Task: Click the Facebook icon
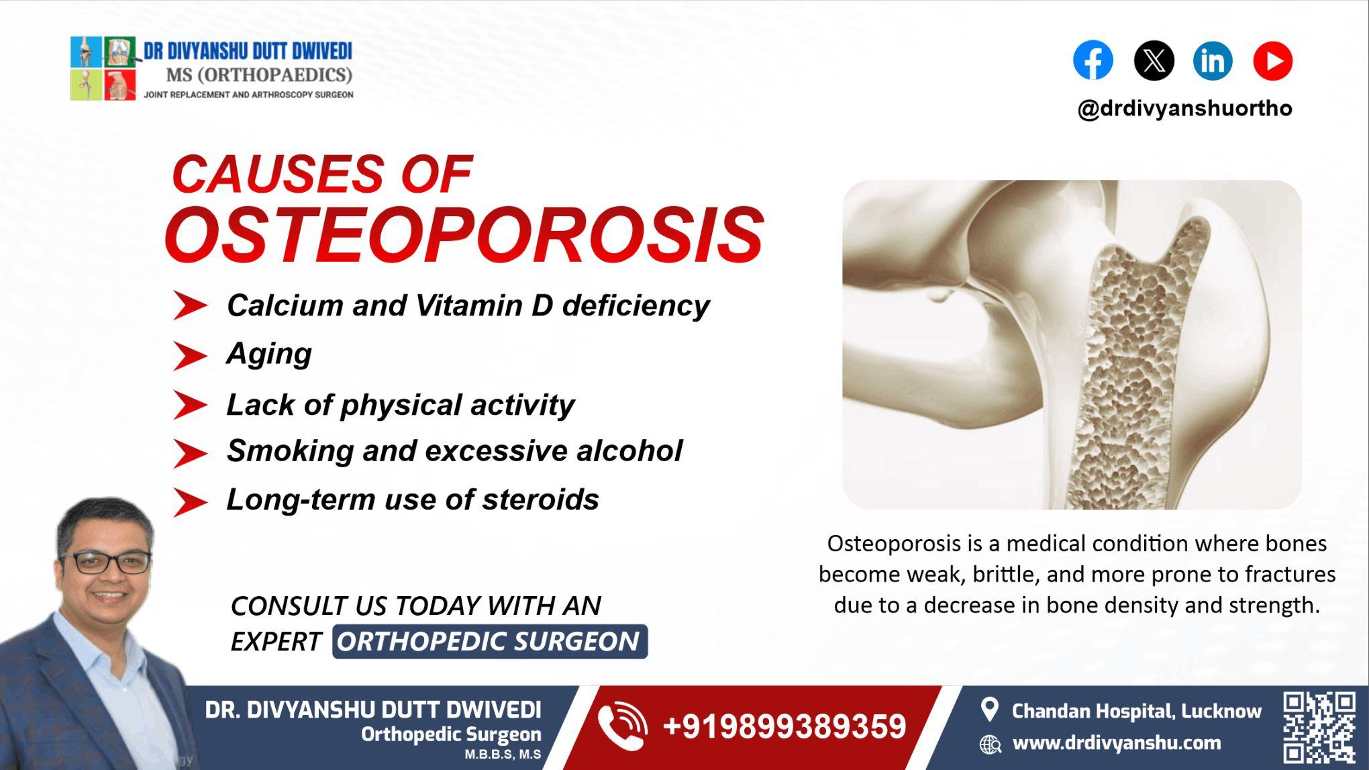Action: tap(1093, 60)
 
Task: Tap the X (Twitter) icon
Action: tap(1154, 60)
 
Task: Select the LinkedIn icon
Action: tap(1213, 60)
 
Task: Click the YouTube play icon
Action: tap(1272, 60)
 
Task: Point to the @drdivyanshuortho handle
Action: tap(1184, 108)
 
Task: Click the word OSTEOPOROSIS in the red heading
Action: tap(464, 234)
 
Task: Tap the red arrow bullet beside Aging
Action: tap(190, 356)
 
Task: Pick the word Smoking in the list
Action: tap(289, 450)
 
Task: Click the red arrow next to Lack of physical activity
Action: tap(190, 405)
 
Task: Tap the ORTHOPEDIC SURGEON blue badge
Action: tap(489, 641)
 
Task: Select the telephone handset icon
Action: tap(621, 726)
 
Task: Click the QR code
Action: tap(1319, 728)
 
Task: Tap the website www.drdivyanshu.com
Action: tap(1116, 743)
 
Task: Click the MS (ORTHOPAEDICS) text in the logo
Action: tap(259, 75)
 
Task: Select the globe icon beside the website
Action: tap(990, 744)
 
